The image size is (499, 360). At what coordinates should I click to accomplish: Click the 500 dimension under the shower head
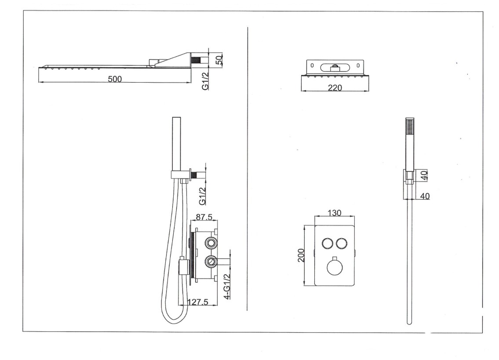click(x=115, y=79)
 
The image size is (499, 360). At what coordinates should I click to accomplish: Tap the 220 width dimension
click(x=335, y=87)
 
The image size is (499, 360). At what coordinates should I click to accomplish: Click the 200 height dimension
click(x=301, y=255)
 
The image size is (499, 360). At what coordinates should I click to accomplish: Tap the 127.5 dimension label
click(x=197, y=302)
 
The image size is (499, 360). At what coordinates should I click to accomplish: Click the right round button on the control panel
click(x=342, y=244)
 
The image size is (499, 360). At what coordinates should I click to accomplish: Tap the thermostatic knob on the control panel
click(x=335, y=266)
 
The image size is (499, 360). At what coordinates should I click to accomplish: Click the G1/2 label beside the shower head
click(x=205, y=81)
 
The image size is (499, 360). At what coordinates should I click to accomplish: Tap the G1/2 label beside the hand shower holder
click(x=203, y=196)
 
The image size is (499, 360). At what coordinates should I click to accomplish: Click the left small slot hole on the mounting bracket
click(x=311, y=66)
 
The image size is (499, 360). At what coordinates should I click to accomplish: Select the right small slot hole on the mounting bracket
click(x=359, y=66)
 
